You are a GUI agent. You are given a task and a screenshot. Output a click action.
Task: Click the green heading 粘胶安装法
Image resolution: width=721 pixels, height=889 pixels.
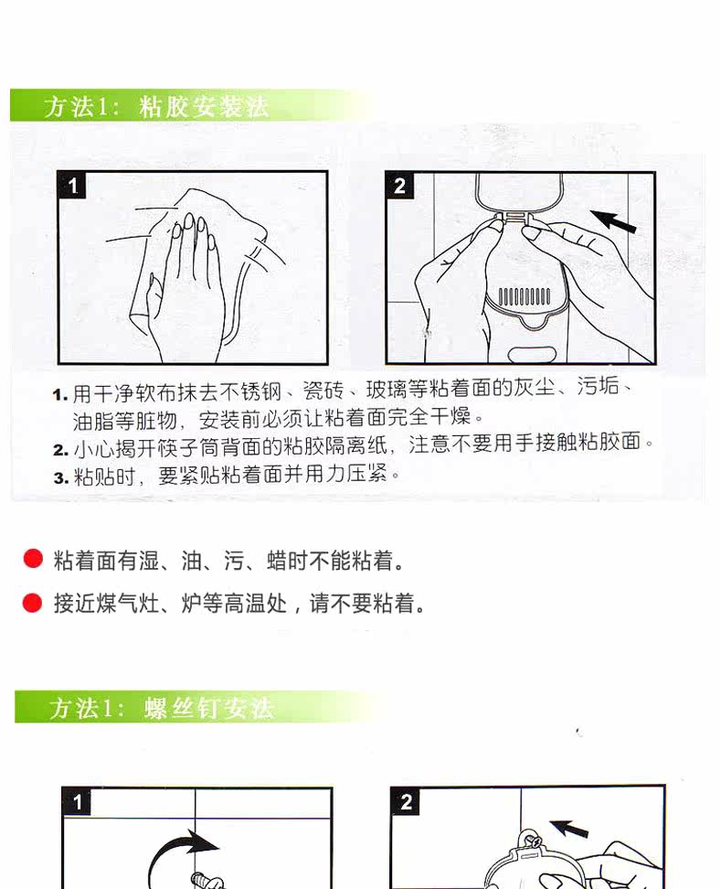204,107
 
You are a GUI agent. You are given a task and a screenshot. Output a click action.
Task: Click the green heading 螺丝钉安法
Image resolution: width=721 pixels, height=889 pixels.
208,708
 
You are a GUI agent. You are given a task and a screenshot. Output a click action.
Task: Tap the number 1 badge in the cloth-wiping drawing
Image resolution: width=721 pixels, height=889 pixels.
72,186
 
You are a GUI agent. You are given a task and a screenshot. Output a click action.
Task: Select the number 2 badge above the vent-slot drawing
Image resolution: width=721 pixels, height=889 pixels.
400,186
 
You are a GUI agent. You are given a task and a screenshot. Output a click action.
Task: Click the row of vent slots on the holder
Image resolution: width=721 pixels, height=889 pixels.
524,295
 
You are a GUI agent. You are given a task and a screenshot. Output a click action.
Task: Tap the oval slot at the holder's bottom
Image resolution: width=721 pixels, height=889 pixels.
531,355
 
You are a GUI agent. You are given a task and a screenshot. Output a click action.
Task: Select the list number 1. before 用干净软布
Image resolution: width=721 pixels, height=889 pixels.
60,394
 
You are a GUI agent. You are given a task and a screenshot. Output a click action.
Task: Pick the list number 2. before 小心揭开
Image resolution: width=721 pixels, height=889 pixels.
60,450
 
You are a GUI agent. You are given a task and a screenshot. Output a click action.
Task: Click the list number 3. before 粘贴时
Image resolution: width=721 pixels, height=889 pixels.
61,478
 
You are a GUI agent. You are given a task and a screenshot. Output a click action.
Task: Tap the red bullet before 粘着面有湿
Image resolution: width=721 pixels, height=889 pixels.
34,558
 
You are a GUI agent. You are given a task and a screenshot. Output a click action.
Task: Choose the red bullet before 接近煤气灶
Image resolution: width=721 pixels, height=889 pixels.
32,603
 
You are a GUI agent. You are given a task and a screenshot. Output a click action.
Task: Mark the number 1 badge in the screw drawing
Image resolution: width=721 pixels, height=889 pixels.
77,802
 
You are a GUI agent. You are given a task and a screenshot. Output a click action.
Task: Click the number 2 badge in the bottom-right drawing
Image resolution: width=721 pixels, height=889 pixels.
406,802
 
